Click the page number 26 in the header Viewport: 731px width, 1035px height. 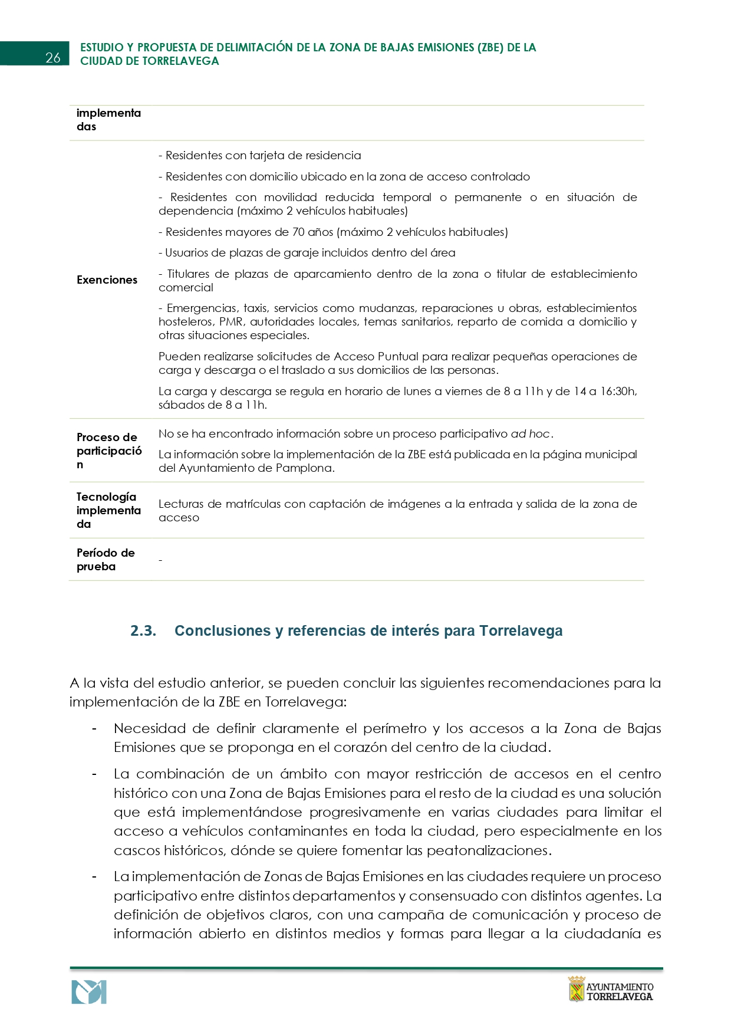point(53,57)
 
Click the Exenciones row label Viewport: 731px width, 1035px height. point(107,280)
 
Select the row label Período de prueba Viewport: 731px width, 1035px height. point(106,560)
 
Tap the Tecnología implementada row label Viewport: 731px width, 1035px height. point(108,510)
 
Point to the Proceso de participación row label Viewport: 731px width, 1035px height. point(109,451)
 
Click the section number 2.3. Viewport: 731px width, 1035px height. point(143,631)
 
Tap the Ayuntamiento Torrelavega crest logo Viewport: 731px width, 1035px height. point(577,989)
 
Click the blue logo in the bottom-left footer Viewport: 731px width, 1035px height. point(89,992)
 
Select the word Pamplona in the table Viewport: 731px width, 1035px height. point(307,468)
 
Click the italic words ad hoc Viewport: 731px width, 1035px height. point(530,434)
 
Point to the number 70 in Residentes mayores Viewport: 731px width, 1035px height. point(298,232)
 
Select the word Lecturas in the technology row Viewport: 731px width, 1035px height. point(180,504)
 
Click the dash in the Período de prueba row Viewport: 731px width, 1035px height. point(160,560)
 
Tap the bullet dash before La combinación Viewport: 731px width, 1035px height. point(94,774)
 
